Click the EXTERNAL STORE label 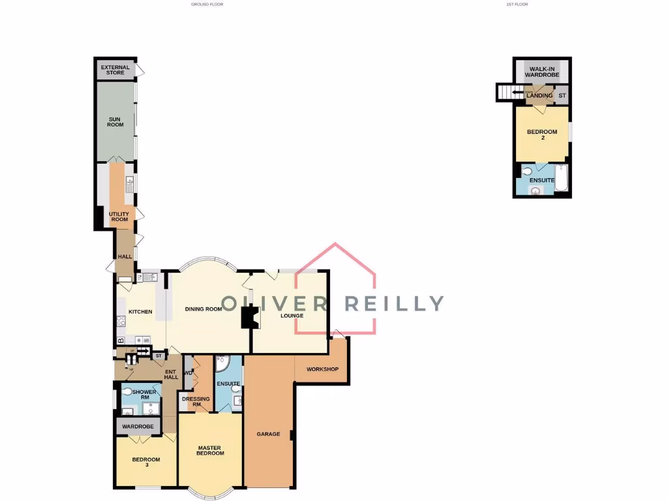point(115,70)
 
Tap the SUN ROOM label point(115,121)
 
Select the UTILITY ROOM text point(119,217)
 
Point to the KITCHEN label point(140,312)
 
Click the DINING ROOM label point(204,309)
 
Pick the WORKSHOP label point(322,370)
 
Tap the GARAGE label point(268,434)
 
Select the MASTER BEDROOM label point(211,450)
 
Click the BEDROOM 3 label point(145,463)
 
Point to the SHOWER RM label point(144,395)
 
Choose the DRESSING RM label point(196,402)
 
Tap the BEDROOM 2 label point(542,135)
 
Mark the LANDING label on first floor point(539,96)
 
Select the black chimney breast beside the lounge point(249,318)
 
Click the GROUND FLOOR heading point(207,5)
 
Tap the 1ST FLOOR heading point(517,5)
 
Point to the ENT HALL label point(171,374)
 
